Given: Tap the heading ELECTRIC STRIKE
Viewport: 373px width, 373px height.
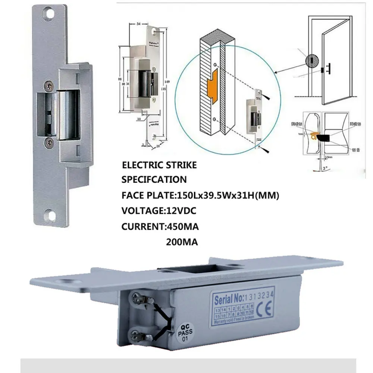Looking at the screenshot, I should (159, 164).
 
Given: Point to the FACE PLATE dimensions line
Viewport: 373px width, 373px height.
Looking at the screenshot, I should (200, 195).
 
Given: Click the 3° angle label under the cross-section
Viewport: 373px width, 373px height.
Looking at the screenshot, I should (325, 168).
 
